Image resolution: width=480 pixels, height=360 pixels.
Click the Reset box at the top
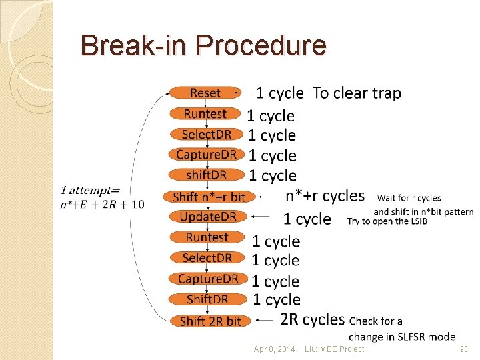204,93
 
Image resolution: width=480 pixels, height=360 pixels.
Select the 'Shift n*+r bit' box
208,197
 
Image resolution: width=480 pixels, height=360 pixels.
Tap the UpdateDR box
208,217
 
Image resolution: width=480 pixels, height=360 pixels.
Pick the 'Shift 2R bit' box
210,321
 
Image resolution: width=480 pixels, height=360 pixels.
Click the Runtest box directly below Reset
205,113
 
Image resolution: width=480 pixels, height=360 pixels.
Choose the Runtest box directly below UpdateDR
207,237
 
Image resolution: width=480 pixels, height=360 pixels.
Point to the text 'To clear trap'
357,93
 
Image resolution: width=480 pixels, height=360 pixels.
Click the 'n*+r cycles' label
325,196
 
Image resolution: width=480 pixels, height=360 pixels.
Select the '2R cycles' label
312,320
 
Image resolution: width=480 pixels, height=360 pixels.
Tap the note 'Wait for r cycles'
409,198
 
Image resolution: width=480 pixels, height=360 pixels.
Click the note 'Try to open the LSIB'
387,221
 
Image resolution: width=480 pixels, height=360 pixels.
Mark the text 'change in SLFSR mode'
402,337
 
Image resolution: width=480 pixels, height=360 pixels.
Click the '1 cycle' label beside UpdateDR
307,219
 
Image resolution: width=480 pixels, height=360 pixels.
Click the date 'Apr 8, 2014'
274,349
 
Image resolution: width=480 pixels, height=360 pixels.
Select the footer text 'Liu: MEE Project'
334,349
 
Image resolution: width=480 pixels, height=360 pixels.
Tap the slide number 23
464,349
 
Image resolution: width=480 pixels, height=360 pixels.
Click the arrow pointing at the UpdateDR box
261,217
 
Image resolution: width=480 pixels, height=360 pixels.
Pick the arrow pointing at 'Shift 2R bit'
265,321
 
